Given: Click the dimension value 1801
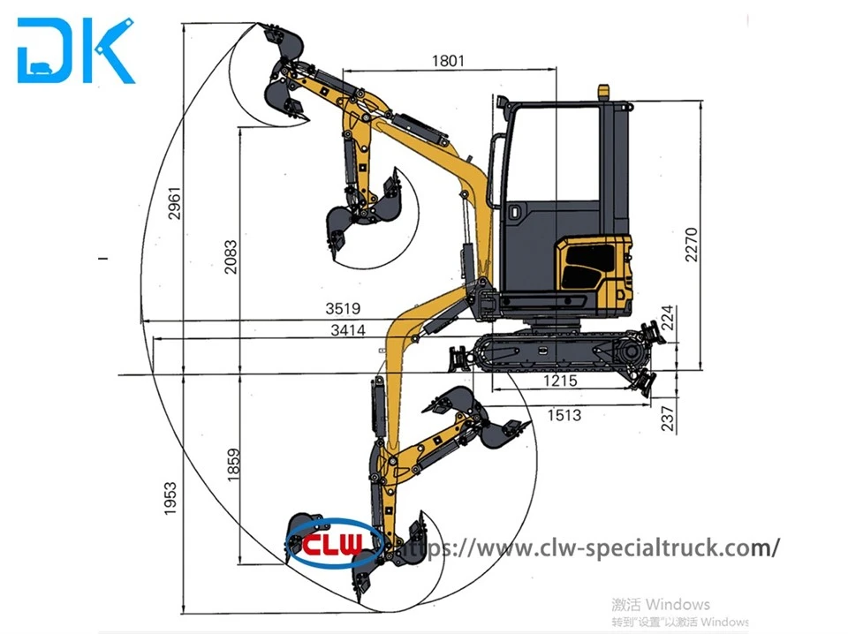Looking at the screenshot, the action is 448,61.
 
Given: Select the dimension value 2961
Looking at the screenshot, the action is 174,203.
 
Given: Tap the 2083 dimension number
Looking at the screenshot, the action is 231,257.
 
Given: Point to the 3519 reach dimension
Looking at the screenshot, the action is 343,308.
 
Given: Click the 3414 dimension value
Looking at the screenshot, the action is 348,329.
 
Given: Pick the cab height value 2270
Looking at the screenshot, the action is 691,245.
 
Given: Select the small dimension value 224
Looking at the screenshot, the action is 669,318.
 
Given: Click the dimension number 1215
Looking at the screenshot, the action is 560,381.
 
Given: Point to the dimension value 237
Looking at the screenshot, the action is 669,419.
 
